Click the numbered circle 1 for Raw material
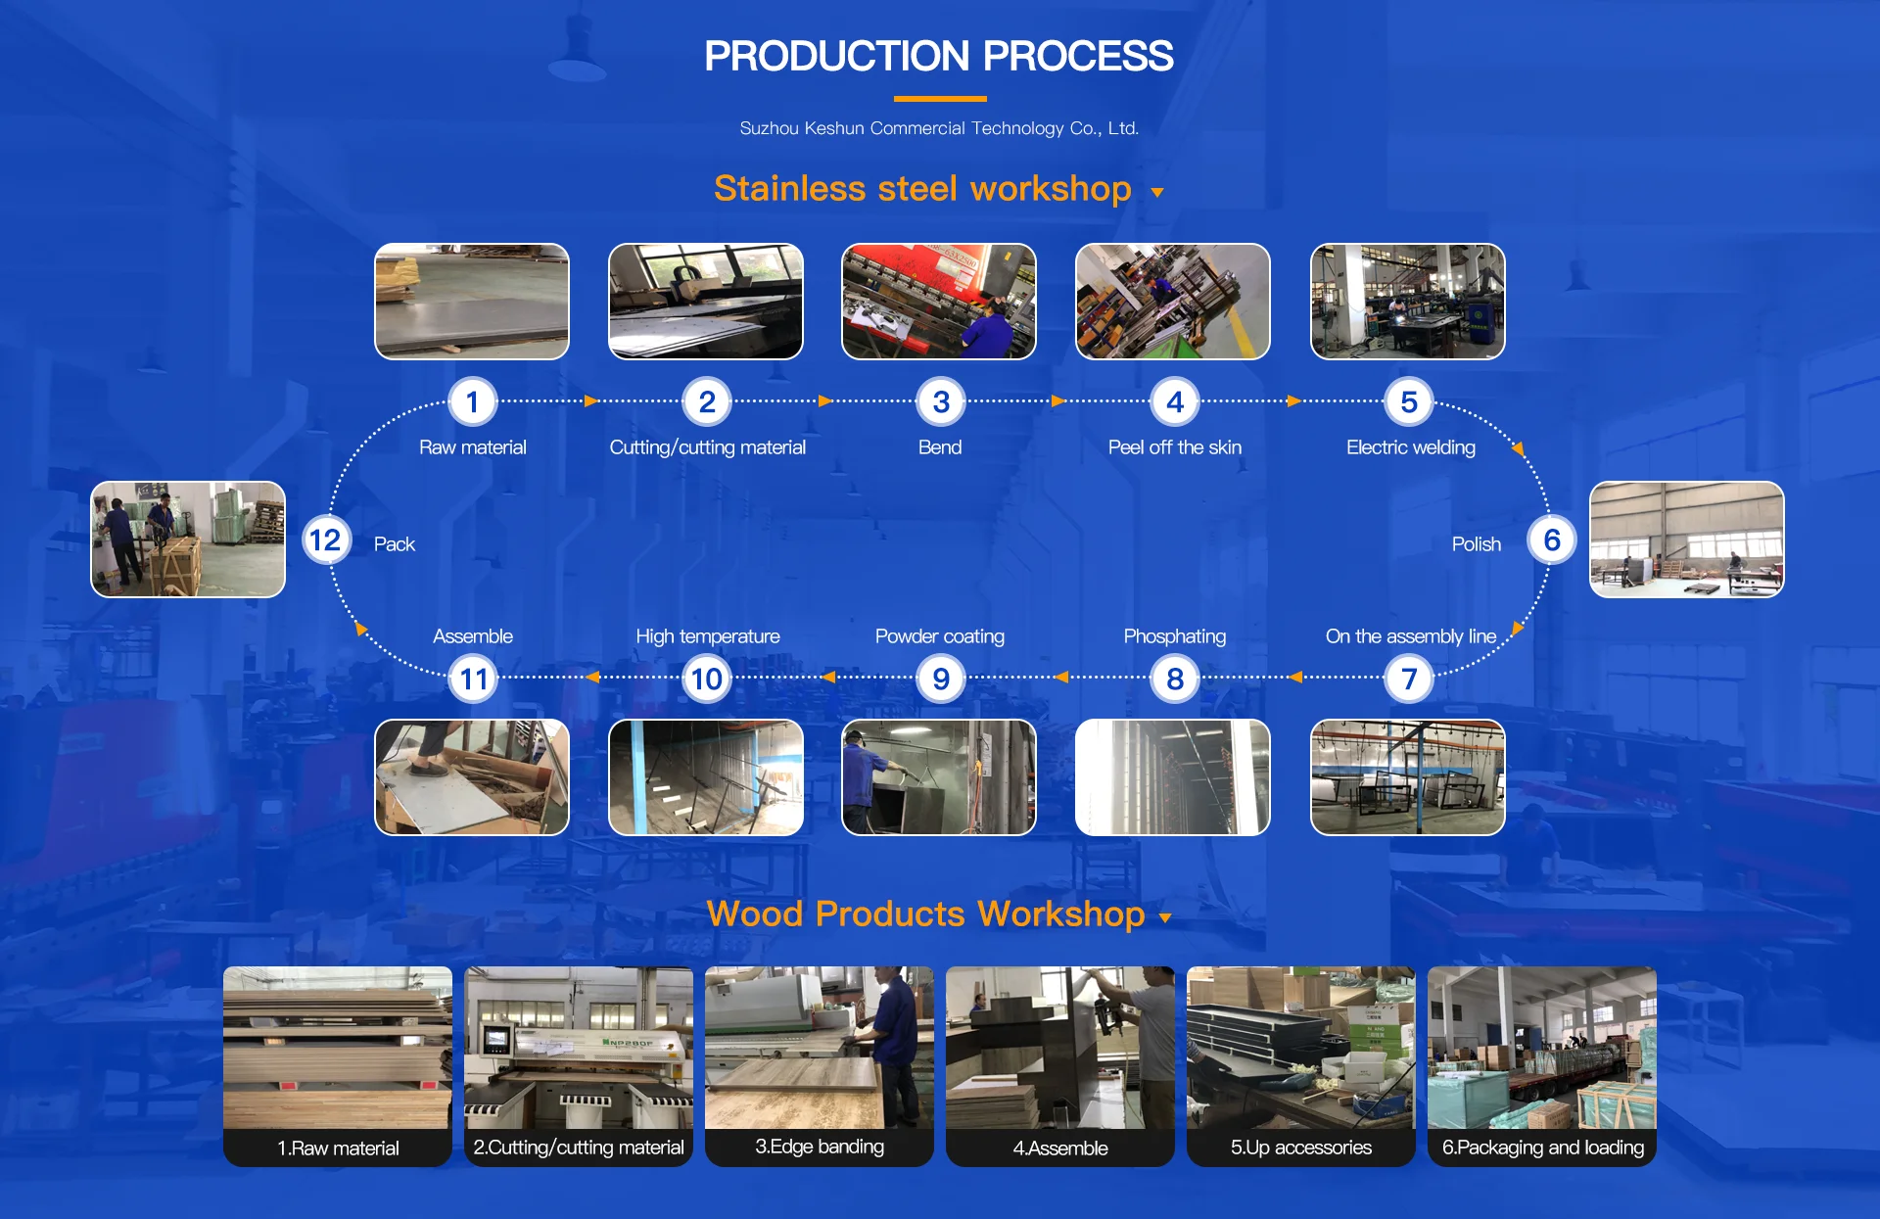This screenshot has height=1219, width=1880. coord(472,401)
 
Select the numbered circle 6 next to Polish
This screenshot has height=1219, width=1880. coord(1552,539)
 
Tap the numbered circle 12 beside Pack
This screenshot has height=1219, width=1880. coord(325,539)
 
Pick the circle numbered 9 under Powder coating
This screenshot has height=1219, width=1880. coord(941,679)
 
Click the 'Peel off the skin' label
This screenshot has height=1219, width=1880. coord(1174,447)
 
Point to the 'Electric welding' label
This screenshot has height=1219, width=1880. coord(1410,447)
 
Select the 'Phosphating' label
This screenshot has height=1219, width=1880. coord(1174,636)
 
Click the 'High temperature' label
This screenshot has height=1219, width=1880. coord(707,636)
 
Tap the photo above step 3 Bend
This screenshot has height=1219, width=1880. coord(939,302)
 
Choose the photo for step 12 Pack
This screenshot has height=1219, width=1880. coord(188,539)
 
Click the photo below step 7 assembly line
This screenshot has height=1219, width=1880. coord(1407,777)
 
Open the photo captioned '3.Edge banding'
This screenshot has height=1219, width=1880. coord(820,1048)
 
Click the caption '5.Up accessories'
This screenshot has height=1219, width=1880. coord(1300,1148)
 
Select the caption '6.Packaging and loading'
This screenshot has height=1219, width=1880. coord(1542,1148)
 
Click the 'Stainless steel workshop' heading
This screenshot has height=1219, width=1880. coord(922,188)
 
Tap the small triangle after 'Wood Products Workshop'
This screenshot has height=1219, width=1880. coord(1165,918)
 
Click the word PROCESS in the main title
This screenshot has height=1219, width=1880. coord(1078,56)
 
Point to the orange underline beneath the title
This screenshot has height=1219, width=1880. coord(940,99)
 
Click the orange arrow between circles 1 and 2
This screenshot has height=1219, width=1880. coord(590,400)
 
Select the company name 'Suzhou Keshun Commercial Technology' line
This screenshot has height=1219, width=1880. coord(939,128)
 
